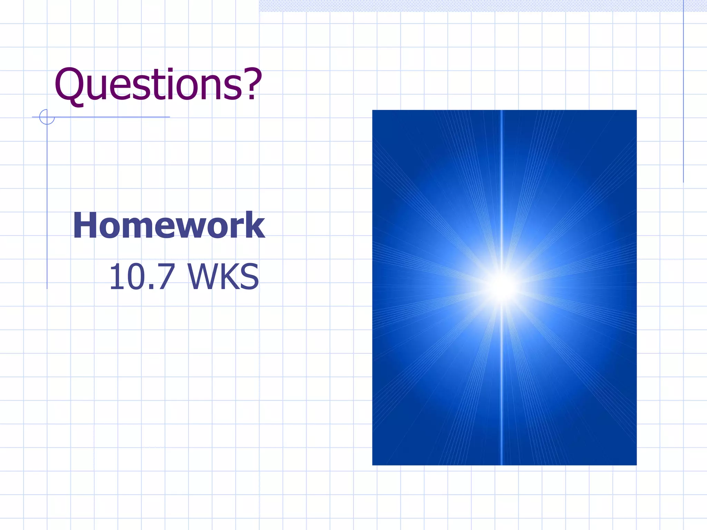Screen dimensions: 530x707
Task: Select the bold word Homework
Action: click(x=169, y=225)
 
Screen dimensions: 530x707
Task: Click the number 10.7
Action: click(x=142, y=277)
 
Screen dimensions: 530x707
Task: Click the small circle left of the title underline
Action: click(x=47, y=117)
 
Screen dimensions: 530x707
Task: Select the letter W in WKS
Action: click(x=203, y=277)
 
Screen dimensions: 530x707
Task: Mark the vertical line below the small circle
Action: click(x=47, y=207)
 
